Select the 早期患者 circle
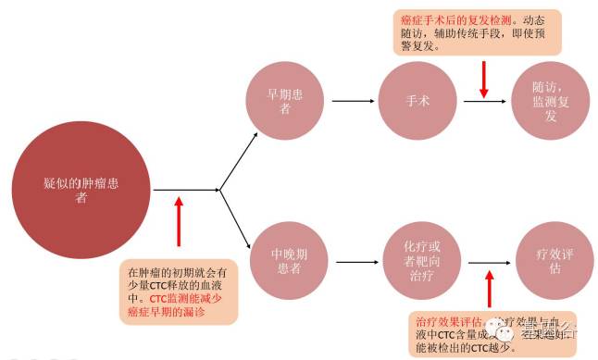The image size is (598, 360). coord(286,101)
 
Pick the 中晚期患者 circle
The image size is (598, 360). coord(286,255)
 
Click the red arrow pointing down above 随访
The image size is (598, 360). coord(484,79)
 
